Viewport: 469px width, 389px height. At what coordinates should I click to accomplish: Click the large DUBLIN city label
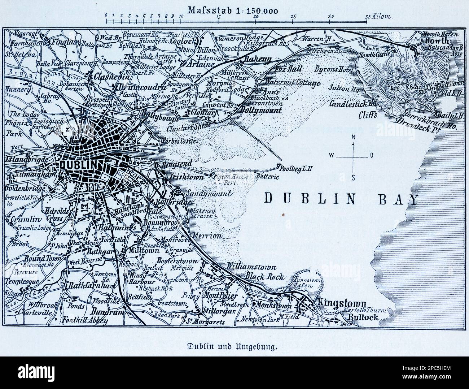pos(80,165)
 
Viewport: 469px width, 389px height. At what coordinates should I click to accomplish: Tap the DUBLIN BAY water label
pos(341,199)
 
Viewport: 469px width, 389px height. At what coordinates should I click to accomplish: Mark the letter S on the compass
pos(353,177)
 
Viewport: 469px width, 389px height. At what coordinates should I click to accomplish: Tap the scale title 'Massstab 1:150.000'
pos(234,10)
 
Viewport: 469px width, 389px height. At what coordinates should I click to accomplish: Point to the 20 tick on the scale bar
pos(256,16)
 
